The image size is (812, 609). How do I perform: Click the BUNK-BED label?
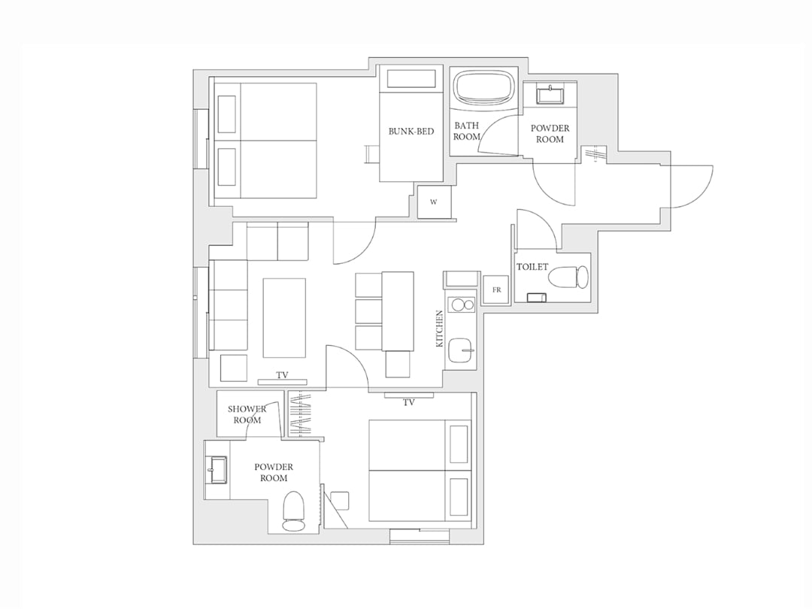(x=411, y=131)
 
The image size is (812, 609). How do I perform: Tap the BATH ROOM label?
(x=467, y=131)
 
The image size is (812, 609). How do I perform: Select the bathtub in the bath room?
(x=485, y=87)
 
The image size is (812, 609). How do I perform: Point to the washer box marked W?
(x=434, y=202)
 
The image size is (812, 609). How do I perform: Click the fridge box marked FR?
(x=497, y=290)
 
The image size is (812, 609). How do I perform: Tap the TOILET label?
(x=532, y=267)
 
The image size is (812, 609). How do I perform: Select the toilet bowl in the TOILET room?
(x=568, y=277)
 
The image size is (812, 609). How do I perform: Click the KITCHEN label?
(x=440, y=329)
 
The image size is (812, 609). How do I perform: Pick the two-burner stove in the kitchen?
(x=462, y=305)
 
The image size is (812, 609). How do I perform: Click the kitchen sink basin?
(x=461, y=350)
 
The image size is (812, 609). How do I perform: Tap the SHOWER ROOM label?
(x=247, y=414)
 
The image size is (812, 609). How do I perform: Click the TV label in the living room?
(x=282, y=375)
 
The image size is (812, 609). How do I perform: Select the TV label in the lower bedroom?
(x=409, y=402)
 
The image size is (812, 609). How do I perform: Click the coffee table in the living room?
(x=284, y=318)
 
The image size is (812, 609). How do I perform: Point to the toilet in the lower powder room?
(x=294, y=511)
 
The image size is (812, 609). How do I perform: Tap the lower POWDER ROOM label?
(x=274, y=473)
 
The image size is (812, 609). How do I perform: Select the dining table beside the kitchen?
(x=398, y=311)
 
